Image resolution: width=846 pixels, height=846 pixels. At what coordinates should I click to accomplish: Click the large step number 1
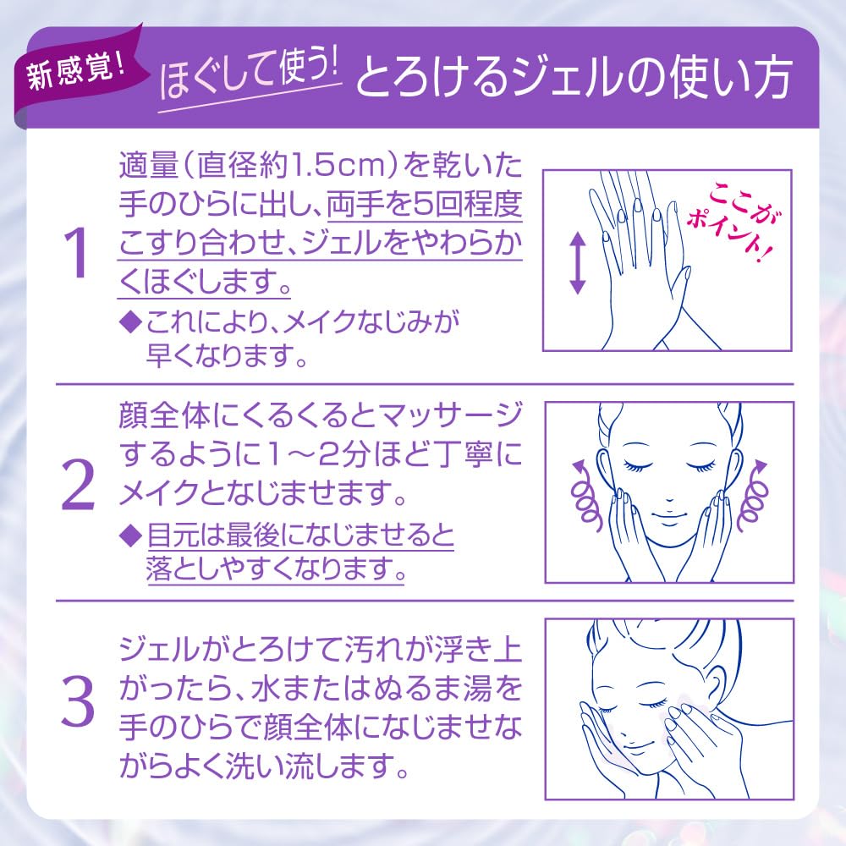tap(76, 252)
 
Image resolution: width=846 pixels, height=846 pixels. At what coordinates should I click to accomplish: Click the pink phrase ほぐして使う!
tap(249, 77)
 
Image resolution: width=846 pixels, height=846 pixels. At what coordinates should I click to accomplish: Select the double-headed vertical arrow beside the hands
tap(577, 263)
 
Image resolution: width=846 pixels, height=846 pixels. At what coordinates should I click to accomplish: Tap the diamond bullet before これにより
tap(129, 322)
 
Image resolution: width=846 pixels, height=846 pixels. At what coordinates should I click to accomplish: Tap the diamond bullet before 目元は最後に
tap(129, 536)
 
